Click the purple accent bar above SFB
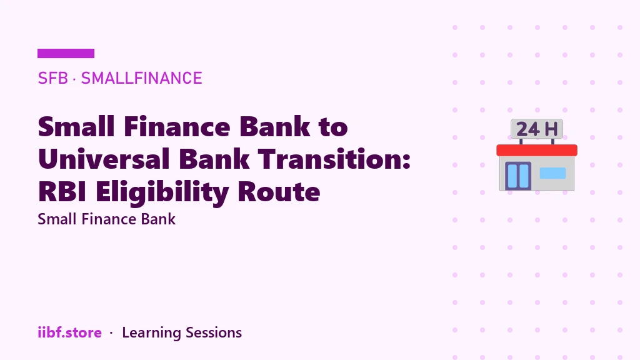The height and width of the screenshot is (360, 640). pyautogui.click(x=66, y=54)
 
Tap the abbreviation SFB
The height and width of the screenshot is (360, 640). pyautogui.click(x=52, y=78)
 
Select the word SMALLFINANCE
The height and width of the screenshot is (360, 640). pyautogui.click(x=142, y=78)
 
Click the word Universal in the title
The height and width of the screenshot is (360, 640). pyautogui.click(x=104, y=159)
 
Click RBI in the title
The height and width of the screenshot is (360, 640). pyautogui.click(x=62, y=191)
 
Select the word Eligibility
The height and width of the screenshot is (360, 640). pyautogui.click(x=162, y=192)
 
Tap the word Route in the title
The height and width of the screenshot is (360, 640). pyautogui.click(x=279, y=191)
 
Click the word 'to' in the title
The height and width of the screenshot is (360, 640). pyautogui.click(x=333, y=127)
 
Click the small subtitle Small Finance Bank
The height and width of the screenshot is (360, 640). pyautogui.click(x=106, y=219)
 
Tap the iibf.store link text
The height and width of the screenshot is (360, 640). pyautogui.click(x=69, y=332)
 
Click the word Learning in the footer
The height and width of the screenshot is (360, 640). pyautogui.click(x=151, y=333)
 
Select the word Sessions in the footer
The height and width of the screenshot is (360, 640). pyautogui.click(x=214, y=332)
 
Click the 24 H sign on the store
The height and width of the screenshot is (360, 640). pyautogui.click(x=537, y=129)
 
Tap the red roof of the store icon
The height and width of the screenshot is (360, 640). pyautogui.click(x=537, y=150)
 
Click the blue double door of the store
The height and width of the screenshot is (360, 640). pyautogui.click(x=518, y=176)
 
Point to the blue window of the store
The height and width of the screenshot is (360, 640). pyautogui.click(x=552, y=173)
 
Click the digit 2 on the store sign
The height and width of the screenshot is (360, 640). pyautogui.click(x=522, y=129)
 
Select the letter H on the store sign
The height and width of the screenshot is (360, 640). pyautogui.click(x=551, y=129)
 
